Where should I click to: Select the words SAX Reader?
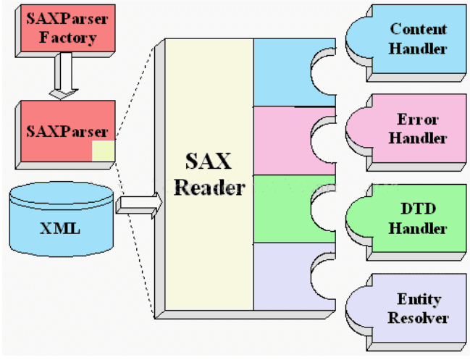pyautogui.click(x=209, y=174)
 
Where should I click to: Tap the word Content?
pyautogui.click(x=418, y=30)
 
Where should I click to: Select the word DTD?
pyautogui.click(x=418, y=211)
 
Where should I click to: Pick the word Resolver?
pyautogui.click(x=418, y=318)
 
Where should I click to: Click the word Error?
pyautogui.click(x=418, y=120)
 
